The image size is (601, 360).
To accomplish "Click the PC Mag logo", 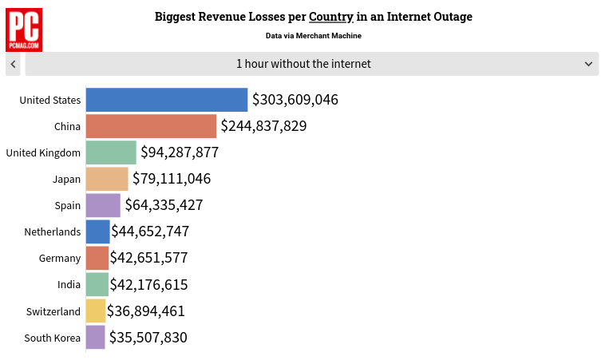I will tap(25, 30).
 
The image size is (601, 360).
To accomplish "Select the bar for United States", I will tap(166, 100).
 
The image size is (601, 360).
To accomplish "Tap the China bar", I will tap(151, 126).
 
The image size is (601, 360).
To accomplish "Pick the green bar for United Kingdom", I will tap(111, 152).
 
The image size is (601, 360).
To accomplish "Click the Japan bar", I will tap(107, 179).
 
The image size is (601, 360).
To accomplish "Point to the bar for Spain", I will tap(103, 205).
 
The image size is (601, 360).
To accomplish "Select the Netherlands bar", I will tap(97, 231).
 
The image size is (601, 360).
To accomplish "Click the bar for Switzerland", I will tap(95, 311).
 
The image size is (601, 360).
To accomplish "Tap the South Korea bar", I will tap(95, 337).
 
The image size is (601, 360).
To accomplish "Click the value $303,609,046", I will tap(295, 100).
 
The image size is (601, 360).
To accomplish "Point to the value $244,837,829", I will tap(263, 126).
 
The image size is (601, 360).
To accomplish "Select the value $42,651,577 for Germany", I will tap(149, 258).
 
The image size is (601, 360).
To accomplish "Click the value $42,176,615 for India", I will tap(149, 284).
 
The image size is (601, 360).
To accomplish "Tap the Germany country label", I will tap(60, 258).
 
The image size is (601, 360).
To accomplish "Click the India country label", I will tap(69, 284).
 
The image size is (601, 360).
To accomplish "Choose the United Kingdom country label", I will tap(43, 152).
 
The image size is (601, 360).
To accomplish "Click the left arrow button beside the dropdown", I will tap(13, 64).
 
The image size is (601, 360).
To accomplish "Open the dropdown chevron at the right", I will tap(588, 64).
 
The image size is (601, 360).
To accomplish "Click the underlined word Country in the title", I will tap(331, 17).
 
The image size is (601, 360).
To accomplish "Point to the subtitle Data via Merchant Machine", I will tap(313, 36).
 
